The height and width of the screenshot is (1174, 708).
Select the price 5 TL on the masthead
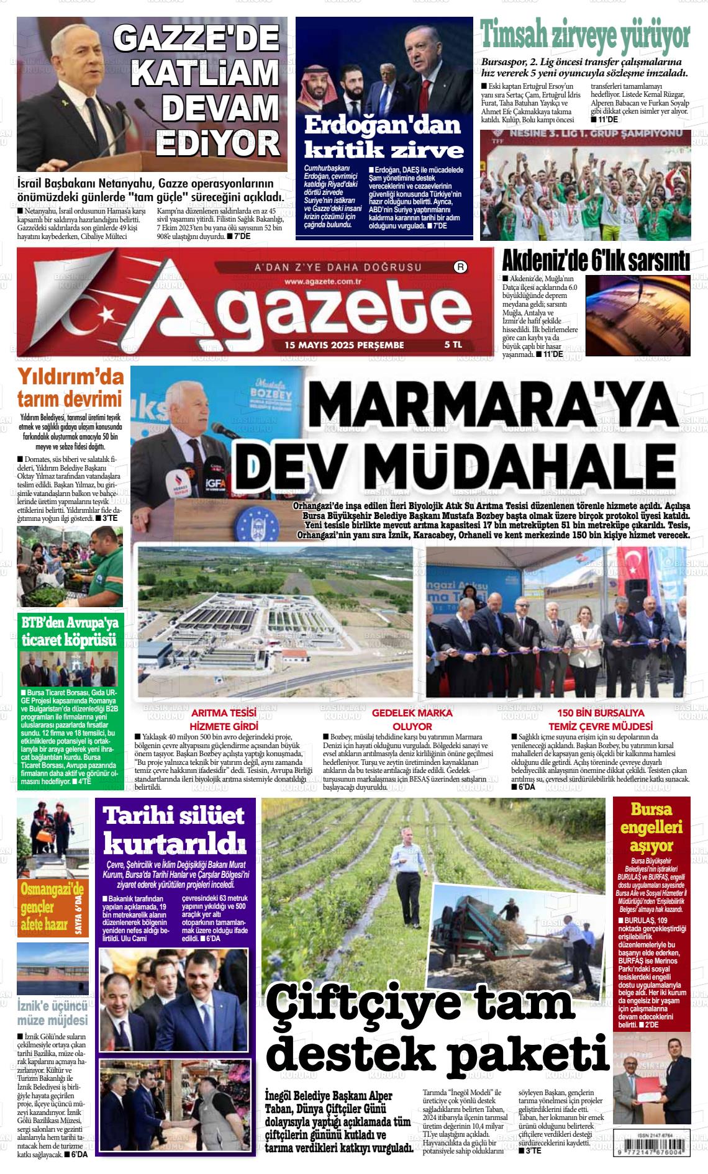453,344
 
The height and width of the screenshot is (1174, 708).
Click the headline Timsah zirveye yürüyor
586,36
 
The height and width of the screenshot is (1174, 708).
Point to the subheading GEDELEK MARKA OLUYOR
412,719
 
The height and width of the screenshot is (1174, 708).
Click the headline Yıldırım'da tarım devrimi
70,387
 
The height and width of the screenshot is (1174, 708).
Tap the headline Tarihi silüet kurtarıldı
175,830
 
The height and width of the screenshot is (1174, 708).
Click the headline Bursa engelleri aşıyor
651,827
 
